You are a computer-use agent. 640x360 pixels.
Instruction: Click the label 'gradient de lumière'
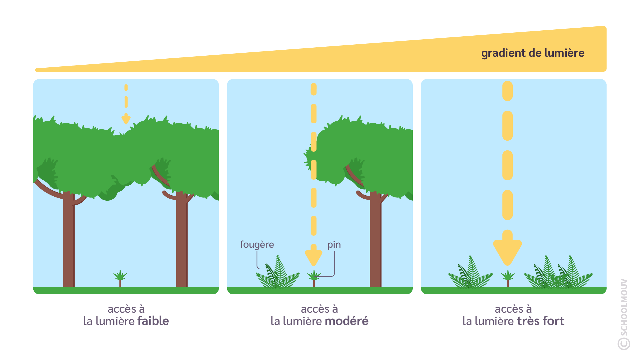532,53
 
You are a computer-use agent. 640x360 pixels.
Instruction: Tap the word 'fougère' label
257,245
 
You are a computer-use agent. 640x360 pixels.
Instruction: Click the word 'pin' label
334,245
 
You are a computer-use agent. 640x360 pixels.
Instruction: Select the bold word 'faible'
153,321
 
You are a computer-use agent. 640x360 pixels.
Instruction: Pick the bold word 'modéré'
346,321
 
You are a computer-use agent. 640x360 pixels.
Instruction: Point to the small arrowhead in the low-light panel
126,119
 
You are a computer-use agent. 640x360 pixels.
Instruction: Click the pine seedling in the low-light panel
120,277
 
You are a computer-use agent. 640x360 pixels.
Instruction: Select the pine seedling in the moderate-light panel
314,277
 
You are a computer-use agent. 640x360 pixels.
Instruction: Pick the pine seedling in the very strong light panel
508,277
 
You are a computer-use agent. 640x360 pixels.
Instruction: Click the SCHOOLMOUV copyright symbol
624,344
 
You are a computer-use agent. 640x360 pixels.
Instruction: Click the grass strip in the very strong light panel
513,291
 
